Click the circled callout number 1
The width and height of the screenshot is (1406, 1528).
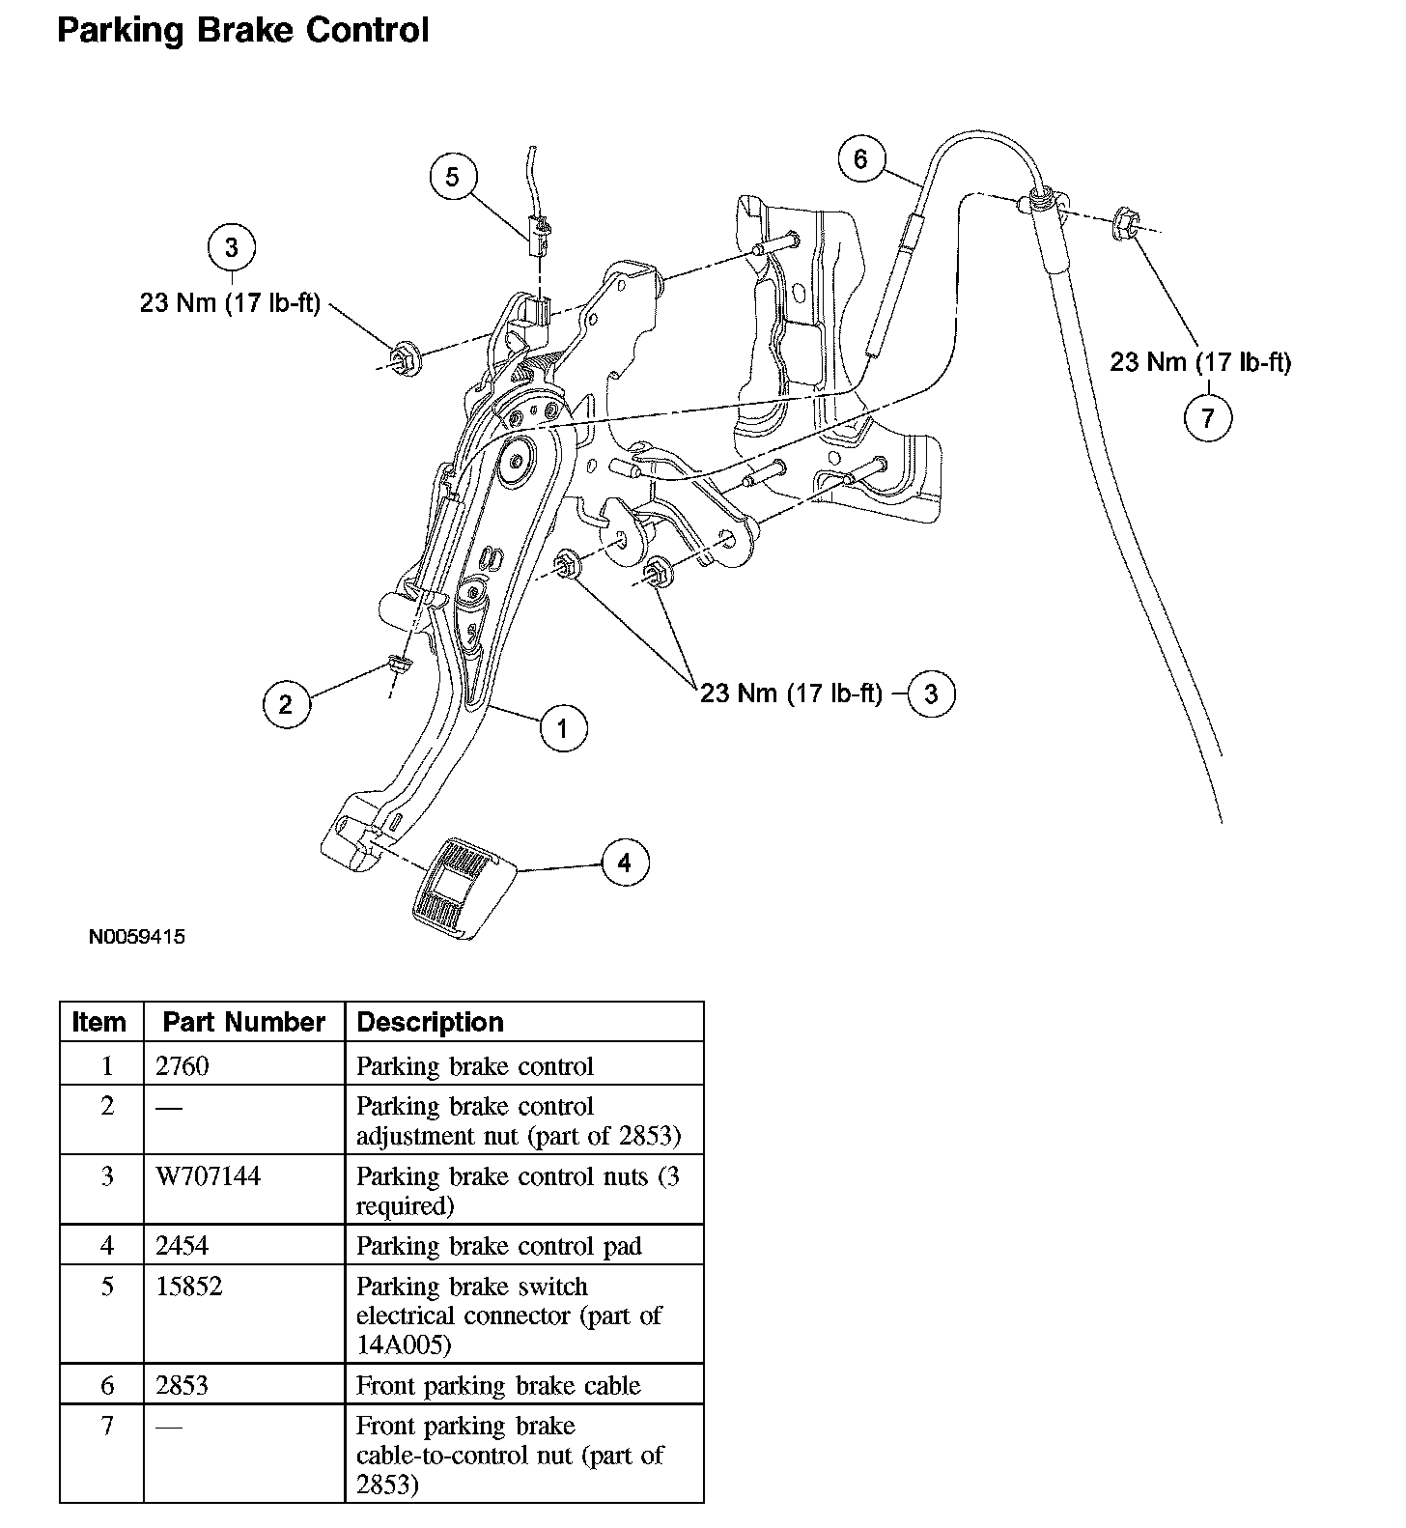click(562, 727)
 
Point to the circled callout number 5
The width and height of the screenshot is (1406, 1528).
click(453, 176)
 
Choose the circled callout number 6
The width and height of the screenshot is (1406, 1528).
click(860, 157)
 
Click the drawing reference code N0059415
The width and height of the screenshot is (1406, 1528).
click(136, 937)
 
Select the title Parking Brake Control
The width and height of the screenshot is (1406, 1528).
click(242, 30)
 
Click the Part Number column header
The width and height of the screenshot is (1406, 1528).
click(243, 1022)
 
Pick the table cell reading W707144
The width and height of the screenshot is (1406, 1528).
click(208, 1176)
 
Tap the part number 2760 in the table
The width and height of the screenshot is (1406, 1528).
click(182, 1066)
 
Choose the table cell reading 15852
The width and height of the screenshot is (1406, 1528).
click(188, 1287)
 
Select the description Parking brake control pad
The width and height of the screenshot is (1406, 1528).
click(498, 1246)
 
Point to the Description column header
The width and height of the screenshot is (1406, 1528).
click(430, 1022)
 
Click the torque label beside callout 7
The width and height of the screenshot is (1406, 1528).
click(1199, 361)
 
